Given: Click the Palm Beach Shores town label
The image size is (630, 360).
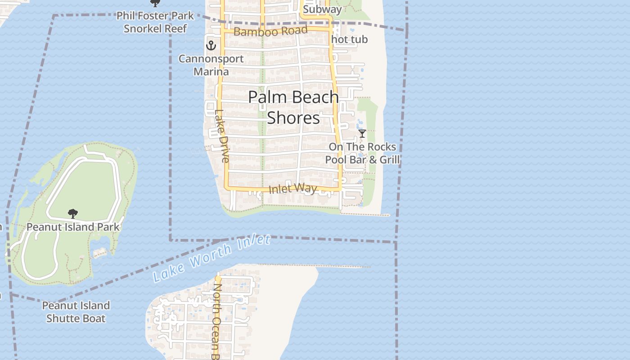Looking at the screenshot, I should [293, 107].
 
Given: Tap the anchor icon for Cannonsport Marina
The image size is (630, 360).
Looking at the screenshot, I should [211, 45].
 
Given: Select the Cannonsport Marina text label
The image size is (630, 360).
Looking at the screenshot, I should [211, 65].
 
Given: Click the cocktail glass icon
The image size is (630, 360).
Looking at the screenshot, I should [362, 134].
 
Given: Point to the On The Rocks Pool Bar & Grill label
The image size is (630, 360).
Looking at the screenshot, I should [362, 153].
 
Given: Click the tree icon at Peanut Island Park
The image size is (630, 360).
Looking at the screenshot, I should [72, 213].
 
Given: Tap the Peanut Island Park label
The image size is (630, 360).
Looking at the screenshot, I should [73, 227].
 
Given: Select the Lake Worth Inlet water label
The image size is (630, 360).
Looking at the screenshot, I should [211, 257].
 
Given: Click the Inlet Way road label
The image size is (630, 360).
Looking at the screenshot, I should [292, 189].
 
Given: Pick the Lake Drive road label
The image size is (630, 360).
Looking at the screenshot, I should [222, 136].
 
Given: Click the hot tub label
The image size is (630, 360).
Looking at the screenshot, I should [349, 40].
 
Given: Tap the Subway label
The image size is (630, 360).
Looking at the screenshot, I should [322, 9].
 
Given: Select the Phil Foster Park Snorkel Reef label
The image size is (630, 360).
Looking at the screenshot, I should [155, 22].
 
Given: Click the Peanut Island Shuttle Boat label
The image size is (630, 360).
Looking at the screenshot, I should [76, 312].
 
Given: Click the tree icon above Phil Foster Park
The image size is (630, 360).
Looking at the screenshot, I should [155, 3].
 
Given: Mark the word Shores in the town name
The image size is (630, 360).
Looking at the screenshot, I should [293, 118].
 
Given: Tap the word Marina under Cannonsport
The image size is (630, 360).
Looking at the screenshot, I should [211, 72].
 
